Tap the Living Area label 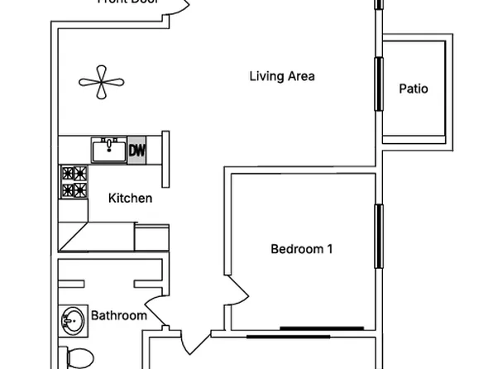[x=282, y=77]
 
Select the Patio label [x=414, y=89]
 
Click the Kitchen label [x=131, y=199]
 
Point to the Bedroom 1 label [x=301, y=248]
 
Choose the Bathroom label [x=118, y=315]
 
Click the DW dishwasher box [x=137, y=151]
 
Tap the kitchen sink [x=109, y=151]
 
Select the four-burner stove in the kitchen [x=74, y=183]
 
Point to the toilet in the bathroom [x=79, y=357]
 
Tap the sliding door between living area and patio [x=380, y=83]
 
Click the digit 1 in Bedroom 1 [x=329, y=248]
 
